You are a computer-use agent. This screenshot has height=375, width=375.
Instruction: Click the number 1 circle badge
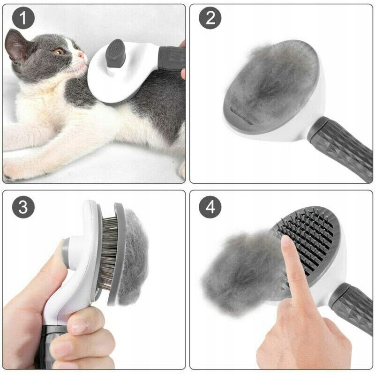tap(23, 18)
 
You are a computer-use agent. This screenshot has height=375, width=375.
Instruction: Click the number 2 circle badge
tap(210, 18)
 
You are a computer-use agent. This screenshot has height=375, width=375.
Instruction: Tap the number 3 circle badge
tap(23, 207)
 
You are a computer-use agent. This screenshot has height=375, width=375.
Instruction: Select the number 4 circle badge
tap(210, 207)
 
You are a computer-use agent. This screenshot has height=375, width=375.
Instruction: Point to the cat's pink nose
tap(81, 55)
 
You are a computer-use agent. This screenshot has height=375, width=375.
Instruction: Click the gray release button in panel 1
tap(115, 53)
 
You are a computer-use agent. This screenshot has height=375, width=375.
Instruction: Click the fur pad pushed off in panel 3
tap(133, 257)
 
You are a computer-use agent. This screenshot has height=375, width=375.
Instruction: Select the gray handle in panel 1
tap(172, 59)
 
